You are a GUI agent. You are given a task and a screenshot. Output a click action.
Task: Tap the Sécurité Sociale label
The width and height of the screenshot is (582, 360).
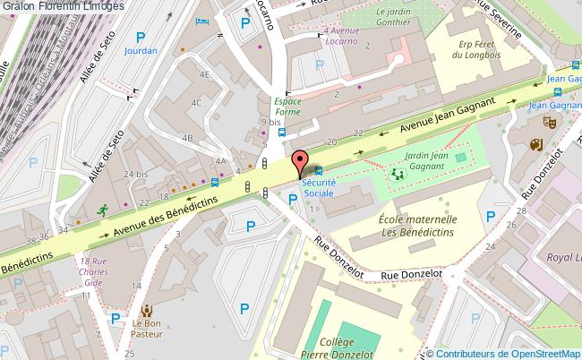[x=318, y=186]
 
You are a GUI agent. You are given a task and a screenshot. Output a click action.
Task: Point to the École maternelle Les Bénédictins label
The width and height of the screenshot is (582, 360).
[x=418, y=225]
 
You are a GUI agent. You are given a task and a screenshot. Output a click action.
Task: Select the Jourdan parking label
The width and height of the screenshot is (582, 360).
[x=140, y=51]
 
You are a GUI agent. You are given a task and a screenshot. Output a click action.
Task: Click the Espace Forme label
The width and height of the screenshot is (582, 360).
[x=287, y=107]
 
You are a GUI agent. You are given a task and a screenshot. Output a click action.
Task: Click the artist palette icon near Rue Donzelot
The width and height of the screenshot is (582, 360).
[x=536, y=145]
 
